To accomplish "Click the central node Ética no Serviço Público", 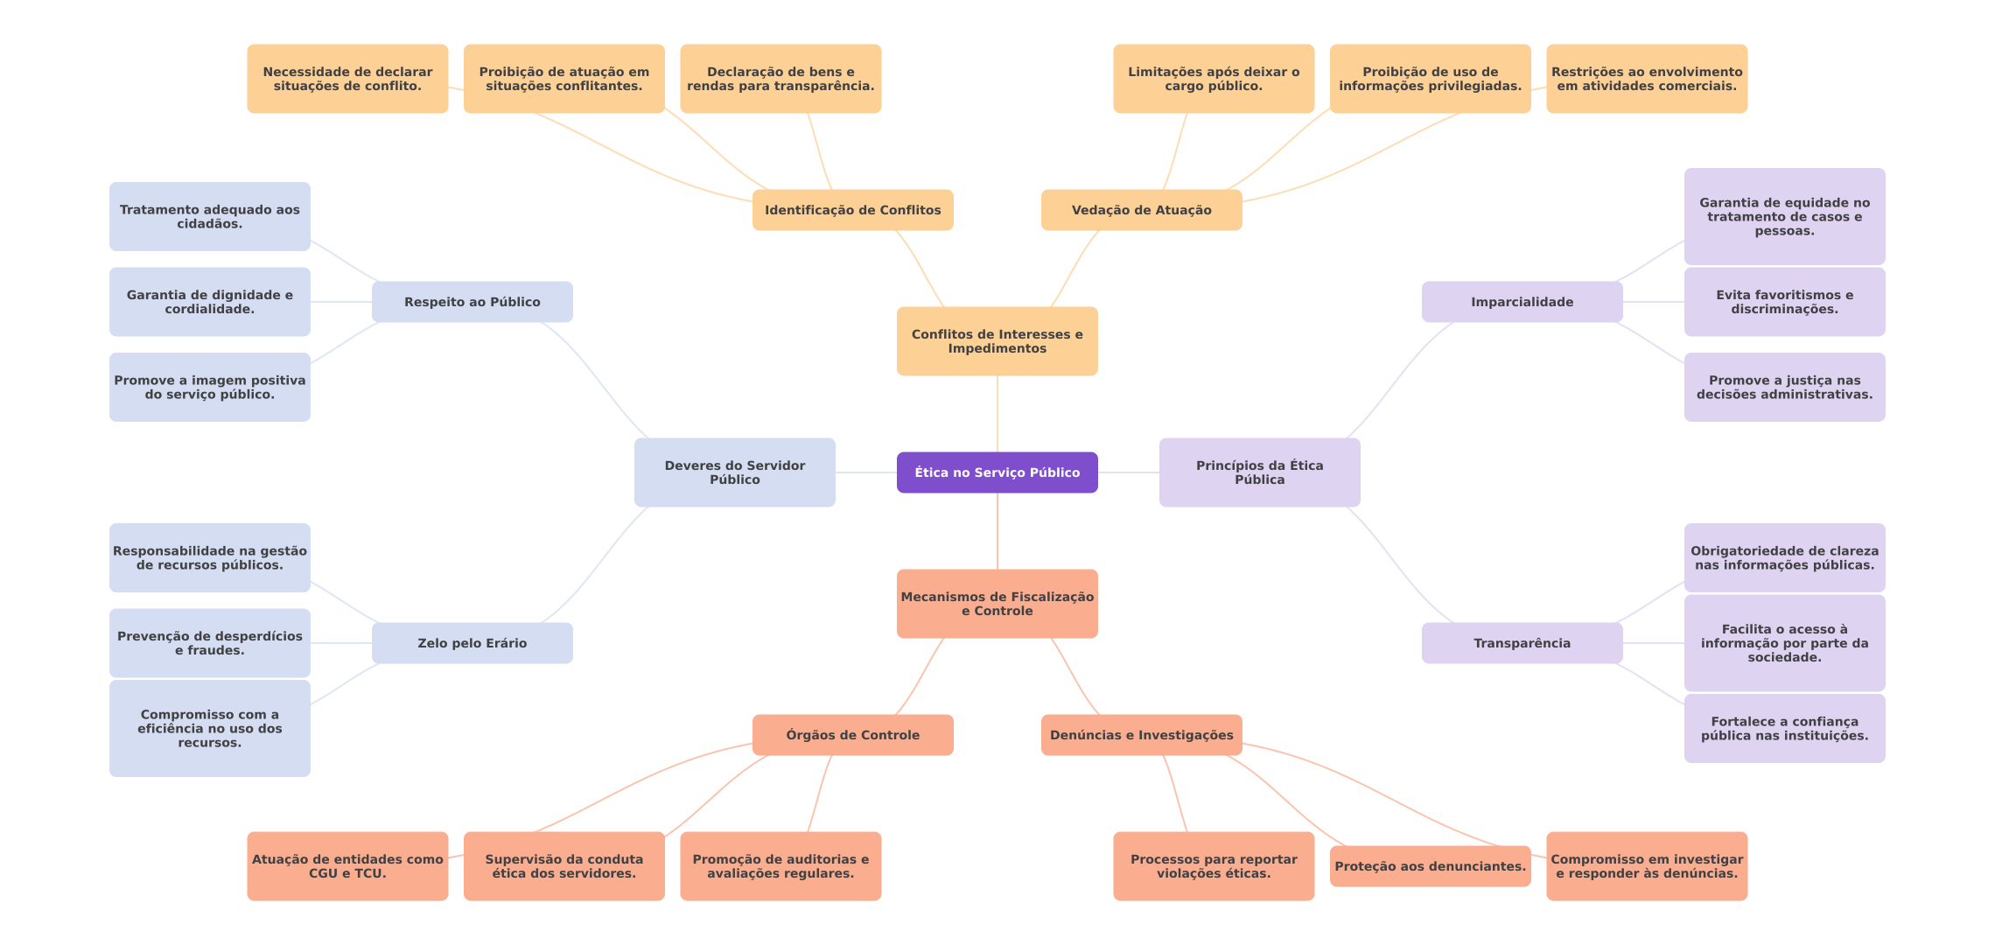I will pos(997,472).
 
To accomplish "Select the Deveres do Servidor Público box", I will pos(735,472).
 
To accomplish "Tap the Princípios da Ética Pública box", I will pos(1260,472).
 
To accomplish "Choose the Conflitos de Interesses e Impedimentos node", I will pos(997,341).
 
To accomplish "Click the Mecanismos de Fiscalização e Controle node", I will pos(997,604).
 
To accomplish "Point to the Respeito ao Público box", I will pos(472,302).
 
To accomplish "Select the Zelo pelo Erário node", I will pos(472,643).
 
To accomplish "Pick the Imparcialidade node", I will pos(1522,302).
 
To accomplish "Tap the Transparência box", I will pos(1522,643).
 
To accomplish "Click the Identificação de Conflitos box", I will pos(853,210).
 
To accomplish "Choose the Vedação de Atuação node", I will pos(1142,210).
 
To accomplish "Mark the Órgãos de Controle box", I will pos(853,735).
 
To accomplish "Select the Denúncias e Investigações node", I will pos(1142,735).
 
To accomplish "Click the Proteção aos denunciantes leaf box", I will pos(1431,866).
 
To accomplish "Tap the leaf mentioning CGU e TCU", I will pos(347,866).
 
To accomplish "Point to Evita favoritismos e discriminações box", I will pos(1785,302).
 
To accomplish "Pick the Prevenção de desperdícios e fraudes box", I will pos(210,643).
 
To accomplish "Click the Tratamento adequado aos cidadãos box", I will pos(210,216).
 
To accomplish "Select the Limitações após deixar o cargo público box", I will pos(1214,79).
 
